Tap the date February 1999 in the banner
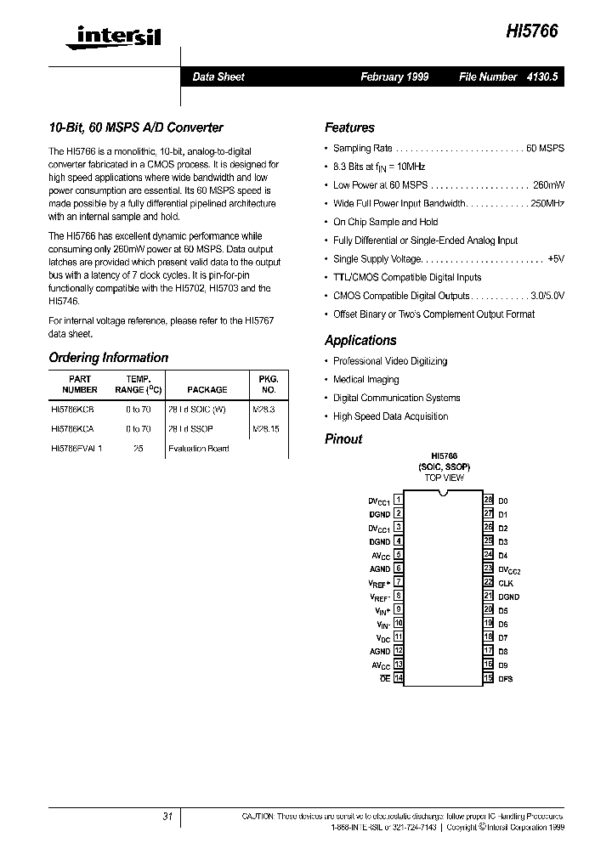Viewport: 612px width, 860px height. [394, 76]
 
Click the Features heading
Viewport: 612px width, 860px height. [349, 127]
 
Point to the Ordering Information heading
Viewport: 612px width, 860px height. [108, 358]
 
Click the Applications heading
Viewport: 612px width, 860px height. [360, 340]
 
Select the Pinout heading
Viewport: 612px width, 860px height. [343, 438]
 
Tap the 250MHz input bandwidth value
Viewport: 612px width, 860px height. [547, 203]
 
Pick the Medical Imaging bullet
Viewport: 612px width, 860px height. [365, 380]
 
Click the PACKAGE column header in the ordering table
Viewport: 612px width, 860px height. [207, 389]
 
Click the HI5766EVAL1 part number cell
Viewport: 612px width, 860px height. [76, 448]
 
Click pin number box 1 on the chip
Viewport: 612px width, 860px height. [399, 501]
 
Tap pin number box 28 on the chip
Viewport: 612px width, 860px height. [488, 501]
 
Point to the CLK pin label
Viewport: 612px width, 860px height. [506, 583]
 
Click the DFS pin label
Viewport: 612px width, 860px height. [506, 679]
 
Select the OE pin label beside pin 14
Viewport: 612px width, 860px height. [385, 679]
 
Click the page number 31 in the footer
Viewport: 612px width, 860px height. [167, 816]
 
